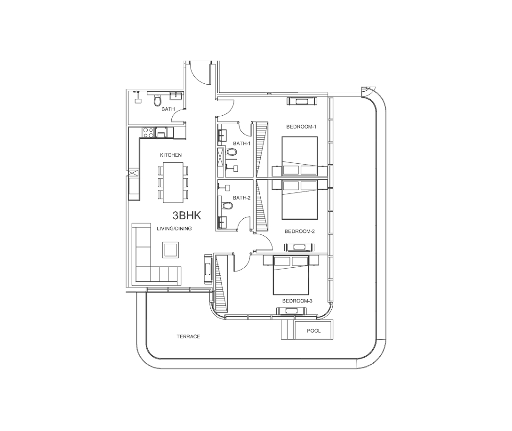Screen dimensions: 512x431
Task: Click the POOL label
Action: pyautogui.click(x=314, y=331)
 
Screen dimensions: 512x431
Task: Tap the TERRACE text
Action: pyautogui.click(x=188, y=336)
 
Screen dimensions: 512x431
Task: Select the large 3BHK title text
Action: pyautogui.click(x=187, y=215)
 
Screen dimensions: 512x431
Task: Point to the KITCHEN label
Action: pyautogui.click(x=171, y=155)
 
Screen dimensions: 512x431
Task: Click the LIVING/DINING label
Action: pyautogui.click(x=174, y=229)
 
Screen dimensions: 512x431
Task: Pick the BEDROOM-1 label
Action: pyautogui.click(x=301, y=127)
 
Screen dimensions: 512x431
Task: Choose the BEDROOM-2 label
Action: pyautogui.click(x=300, y=231)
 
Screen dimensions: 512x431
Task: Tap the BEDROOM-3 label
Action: pyautogui.click(x=297, y=301)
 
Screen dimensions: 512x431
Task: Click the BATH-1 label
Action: pyautogui.click(x=241, y=144)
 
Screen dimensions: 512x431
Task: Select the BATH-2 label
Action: pyautogui.click(x=241, y=198)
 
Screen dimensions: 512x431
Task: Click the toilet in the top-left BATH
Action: pyautogui.click(x=157, y=101)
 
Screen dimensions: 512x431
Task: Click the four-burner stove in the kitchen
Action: pyautogui.click(x=149, y=132)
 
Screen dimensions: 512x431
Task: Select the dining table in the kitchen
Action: pyautogui.click(x=173, y=183)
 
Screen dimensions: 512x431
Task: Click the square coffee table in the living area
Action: pyautogui.click(x=171, y=250)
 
